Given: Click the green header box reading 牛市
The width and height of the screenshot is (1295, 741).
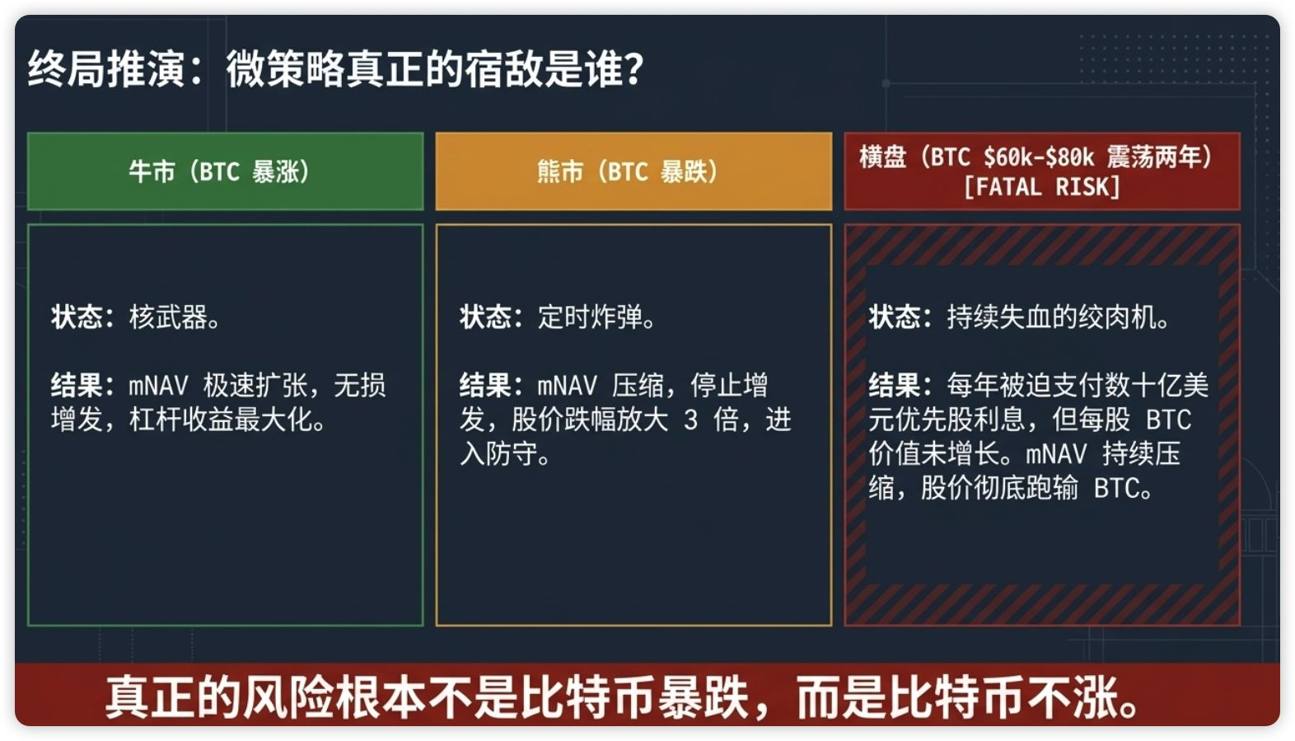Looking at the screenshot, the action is click(x=226, y=171).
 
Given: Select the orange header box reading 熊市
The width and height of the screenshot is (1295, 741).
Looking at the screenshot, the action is click(x=633, y=171).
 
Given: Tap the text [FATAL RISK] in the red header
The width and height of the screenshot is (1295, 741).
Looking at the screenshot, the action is click(x=1042, y=187).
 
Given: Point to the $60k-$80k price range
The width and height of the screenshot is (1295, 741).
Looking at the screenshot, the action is click(x=1039, y=157).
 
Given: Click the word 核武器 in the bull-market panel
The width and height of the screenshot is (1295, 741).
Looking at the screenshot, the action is click(x=168, y=317).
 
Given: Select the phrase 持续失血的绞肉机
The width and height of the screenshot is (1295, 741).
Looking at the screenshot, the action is click(x=1052, y=317).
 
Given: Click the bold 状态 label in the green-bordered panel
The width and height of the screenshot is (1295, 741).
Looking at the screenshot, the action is click(x=77, y=317).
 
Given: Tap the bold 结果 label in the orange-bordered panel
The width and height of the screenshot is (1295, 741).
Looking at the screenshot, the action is click(x=486, y=385).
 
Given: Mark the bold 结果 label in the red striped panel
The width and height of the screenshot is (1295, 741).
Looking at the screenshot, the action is click(x=895, y=385).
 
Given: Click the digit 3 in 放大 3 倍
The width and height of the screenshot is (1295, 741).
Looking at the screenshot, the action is click(x=690, y=420).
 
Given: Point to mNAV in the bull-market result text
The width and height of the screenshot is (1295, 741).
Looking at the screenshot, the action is click(x=158, y=386).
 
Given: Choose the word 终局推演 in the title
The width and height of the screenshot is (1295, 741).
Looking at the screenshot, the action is click(x=106, y=69).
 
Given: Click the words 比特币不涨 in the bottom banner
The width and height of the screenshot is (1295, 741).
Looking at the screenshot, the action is click(x=1003, y=697).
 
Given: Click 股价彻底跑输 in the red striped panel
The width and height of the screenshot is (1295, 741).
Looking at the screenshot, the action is click(x=999, y=488).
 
